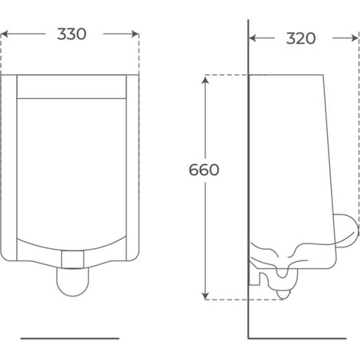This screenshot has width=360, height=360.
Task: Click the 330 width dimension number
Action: tap(72, 34)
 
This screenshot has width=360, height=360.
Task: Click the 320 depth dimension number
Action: tap(301, 38)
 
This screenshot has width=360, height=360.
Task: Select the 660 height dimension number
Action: tap(204, 169)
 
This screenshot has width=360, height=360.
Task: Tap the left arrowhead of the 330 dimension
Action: tap(5, 34)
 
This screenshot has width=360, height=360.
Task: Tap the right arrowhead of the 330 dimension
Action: tap(135, 34)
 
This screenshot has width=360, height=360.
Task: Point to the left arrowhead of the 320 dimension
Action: tap(253, 38)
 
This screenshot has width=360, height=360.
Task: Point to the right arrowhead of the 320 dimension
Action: tap(355, 38)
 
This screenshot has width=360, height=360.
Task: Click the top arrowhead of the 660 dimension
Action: tap(205, 80)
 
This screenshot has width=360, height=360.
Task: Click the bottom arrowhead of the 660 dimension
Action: tap(205, 296)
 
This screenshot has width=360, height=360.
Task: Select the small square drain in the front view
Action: tap(73, 259)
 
